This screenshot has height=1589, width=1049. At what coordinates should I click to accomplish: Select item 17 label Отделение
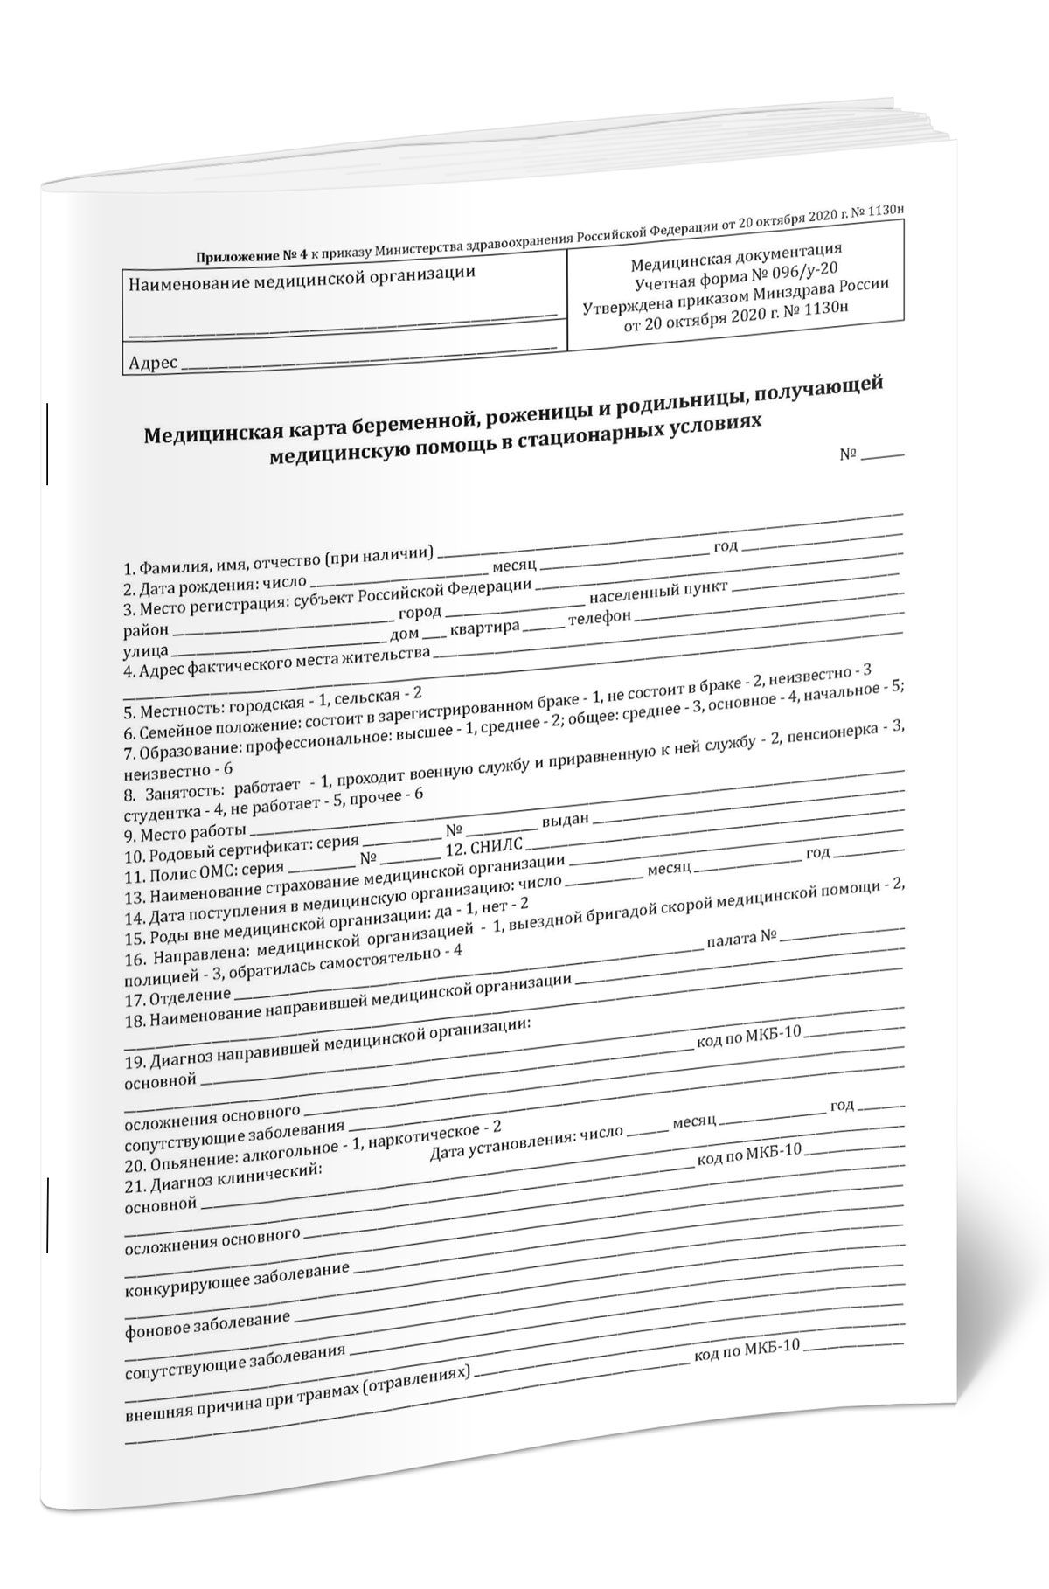[190, 996]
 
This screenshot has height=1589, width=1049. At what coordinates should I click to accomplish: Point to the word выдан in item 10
[567, 821]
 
